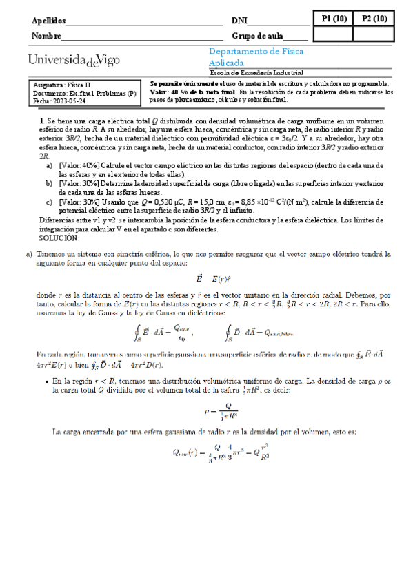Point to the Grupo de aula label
click(259, 36)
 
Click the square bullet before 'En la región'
click(46, 380)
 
